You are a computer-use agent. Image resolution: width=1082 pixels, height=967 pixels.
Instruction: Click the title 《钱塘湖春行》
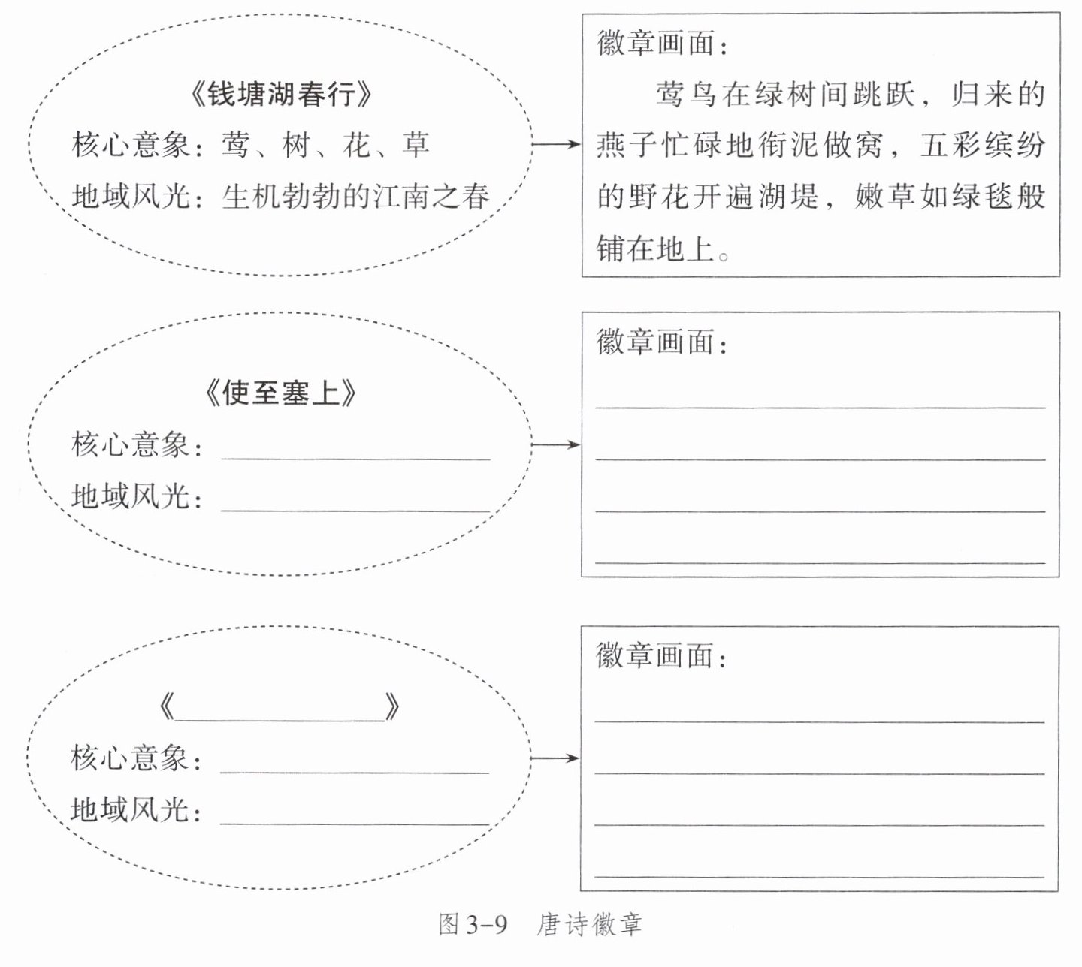281,95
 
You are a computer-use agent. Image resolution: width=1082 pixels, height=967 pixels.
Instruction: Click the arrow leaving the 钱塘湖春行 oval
556,144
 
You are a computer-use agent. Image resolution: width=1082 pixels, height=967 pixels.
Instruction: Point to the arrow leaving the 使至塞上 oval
556,445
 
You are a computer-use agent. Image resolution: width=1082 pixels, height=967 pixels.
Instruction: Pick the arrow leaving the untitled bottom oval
555,758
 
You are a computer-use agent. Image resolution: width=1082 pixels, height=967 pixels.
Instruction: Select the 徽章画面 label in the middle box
662,342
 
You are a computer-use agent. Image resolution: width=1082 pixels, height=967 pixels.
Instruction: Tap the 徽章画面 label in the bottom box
661,656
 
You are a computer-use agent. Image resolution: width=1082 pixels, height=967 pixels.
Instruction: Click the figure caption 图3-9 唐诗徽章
540,925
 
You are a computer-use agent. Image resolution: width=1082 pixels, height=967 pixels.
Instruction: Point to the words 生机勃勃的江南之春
355,197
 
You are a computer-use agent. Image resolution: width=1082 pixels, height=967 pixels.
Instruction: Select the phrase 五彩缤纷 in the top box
982,146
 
